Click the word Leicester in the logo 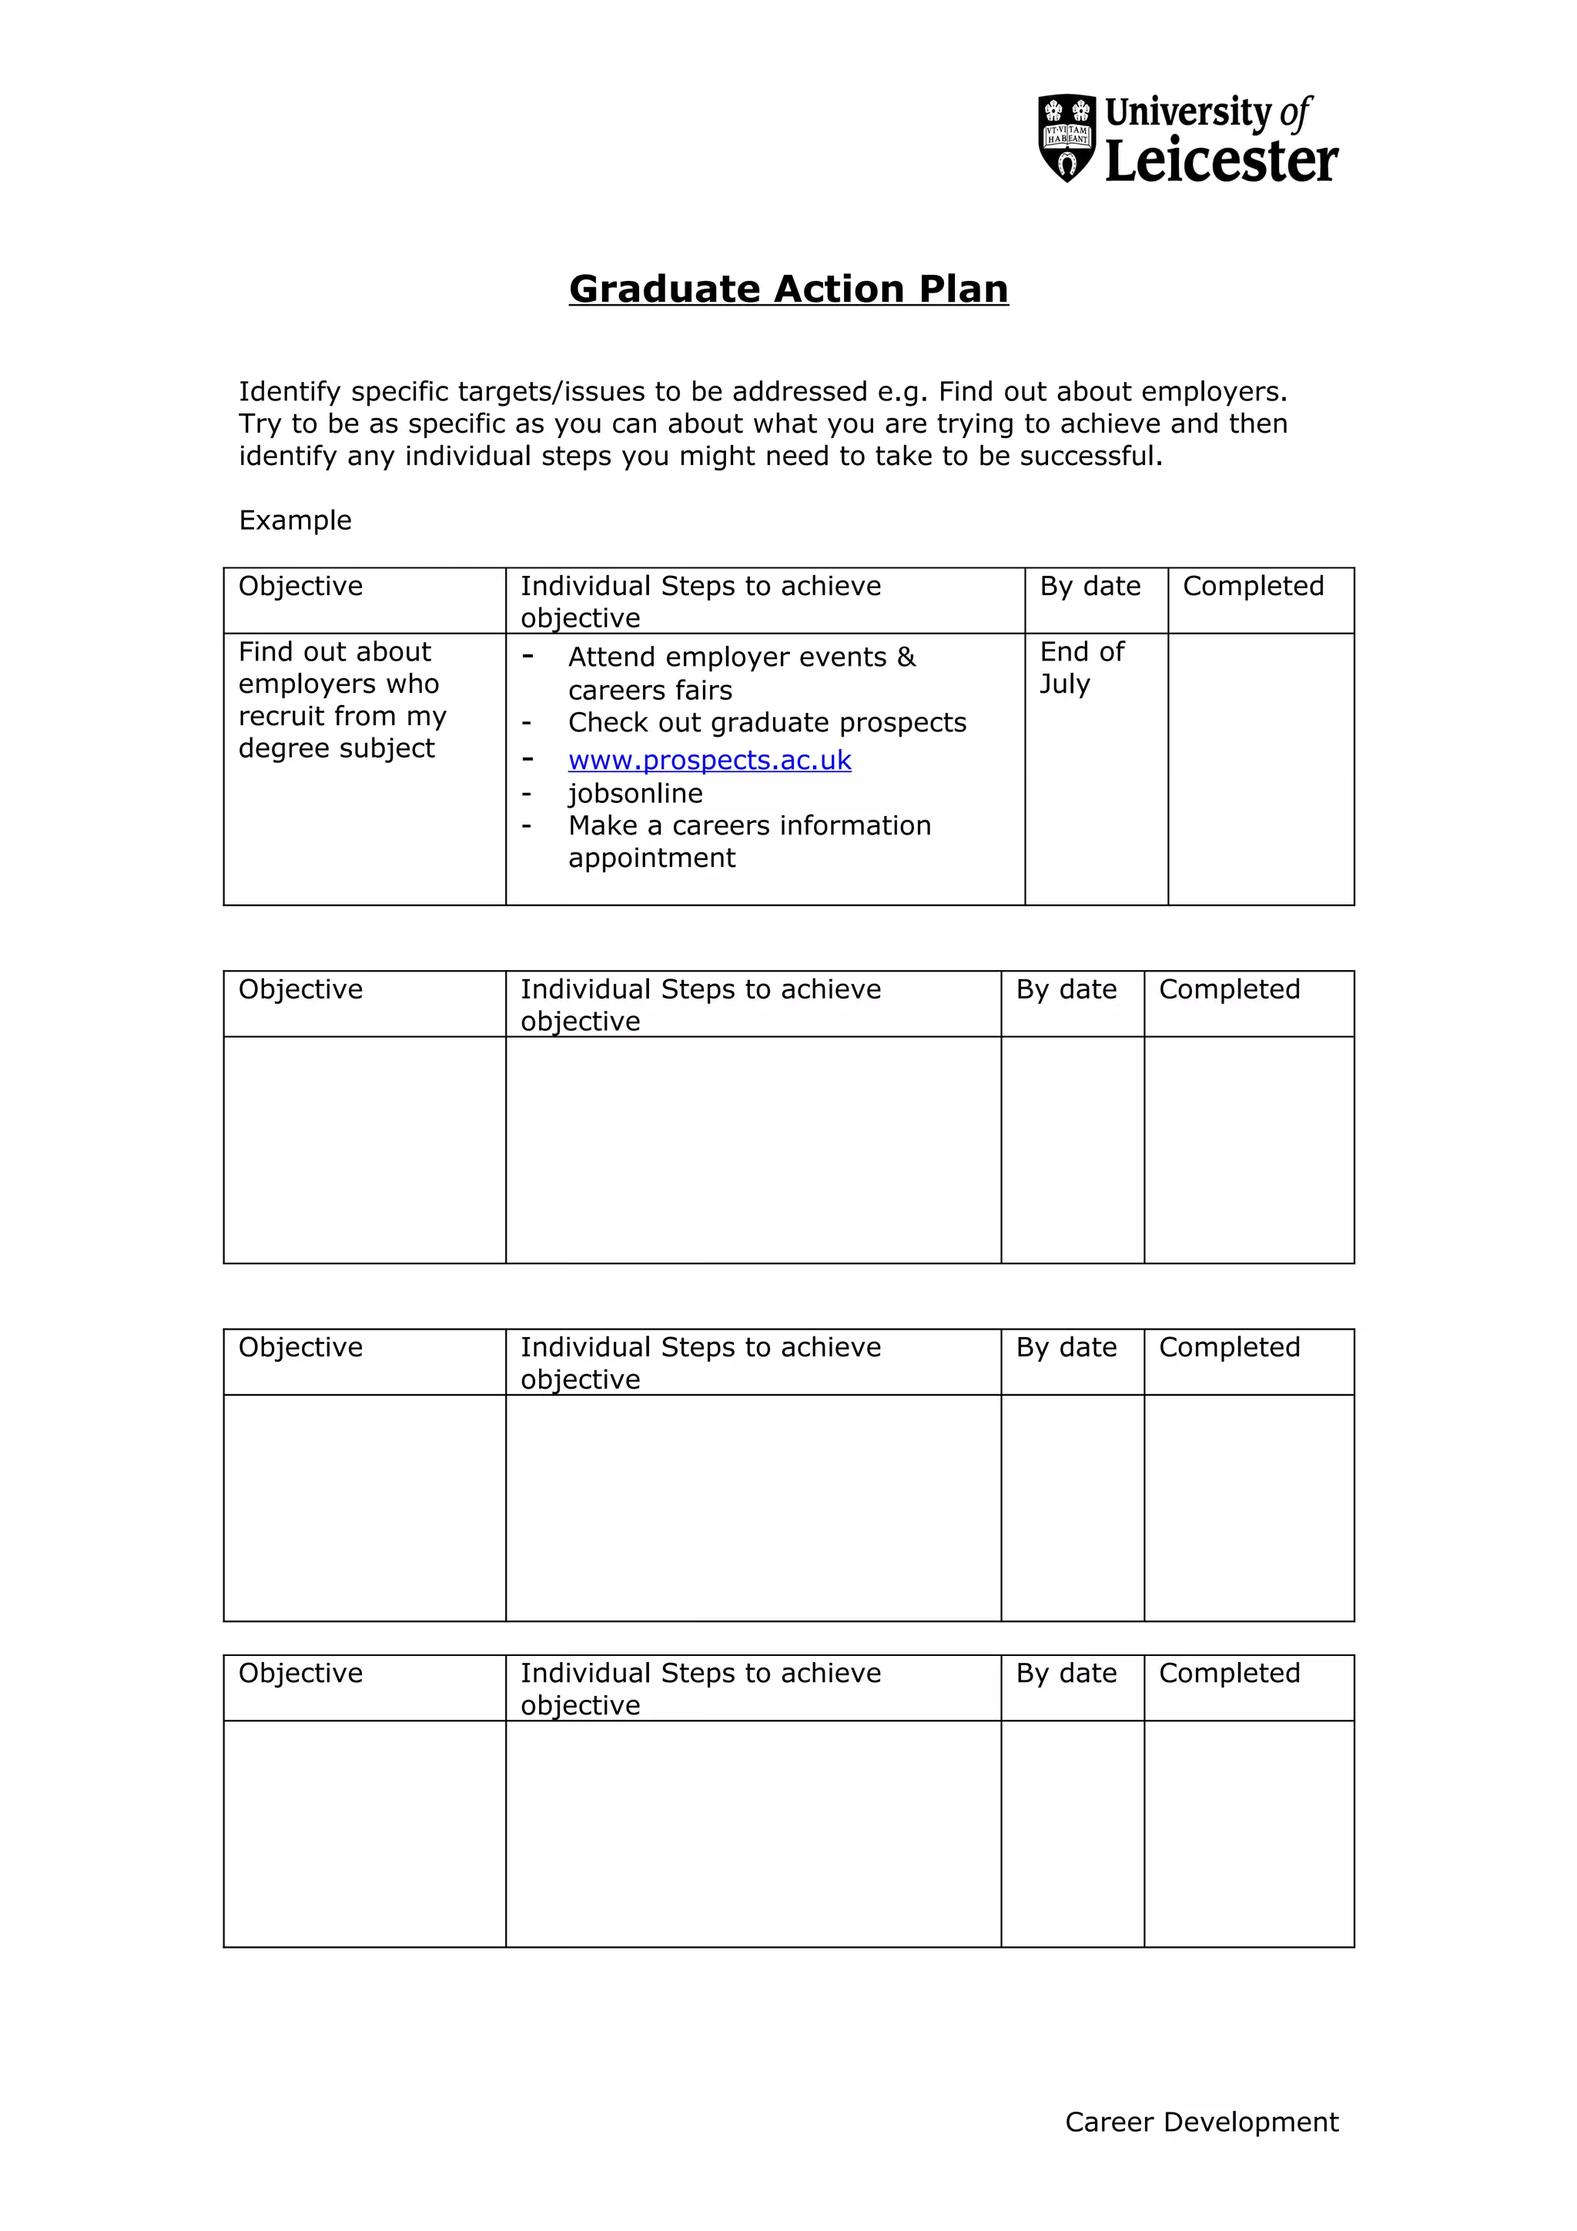pos(1221,162)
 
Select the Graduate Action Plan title pos(788,289)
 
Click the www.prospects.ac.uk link pos(709,760)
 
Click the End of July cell pos(1081,667)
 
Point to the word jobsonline pos(635,793)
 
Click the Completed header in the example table pos(1253,586)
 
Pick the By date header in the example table pos(1090,586)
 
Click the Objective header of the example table pos(300,586)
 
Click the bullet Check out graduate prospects pos(767,722)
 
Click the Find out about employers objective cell pos(341,700)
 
